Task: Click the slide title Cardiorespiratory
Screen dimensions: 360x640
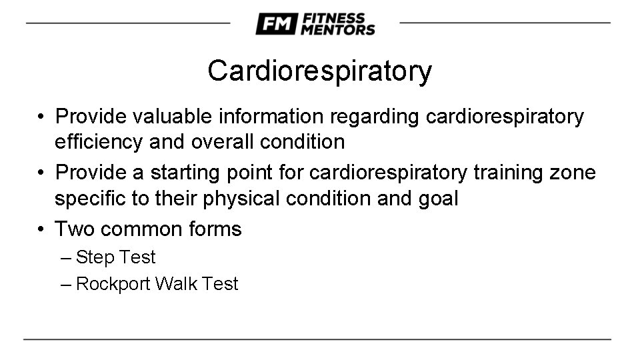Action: point(319,71)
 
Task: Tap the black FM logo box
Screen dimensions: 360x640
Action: point(275,25)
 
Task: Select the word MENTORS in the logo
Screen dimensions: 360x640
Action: point(337,30)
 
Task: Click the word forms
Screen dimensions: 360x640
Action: point(215,230)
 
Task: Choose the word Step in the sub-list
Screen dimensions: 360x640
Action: point(92,258)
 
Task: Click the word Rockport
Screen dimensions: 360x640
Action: point(113,285)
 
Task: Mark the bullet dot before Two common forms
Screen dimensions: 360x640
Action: point(41,230)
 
